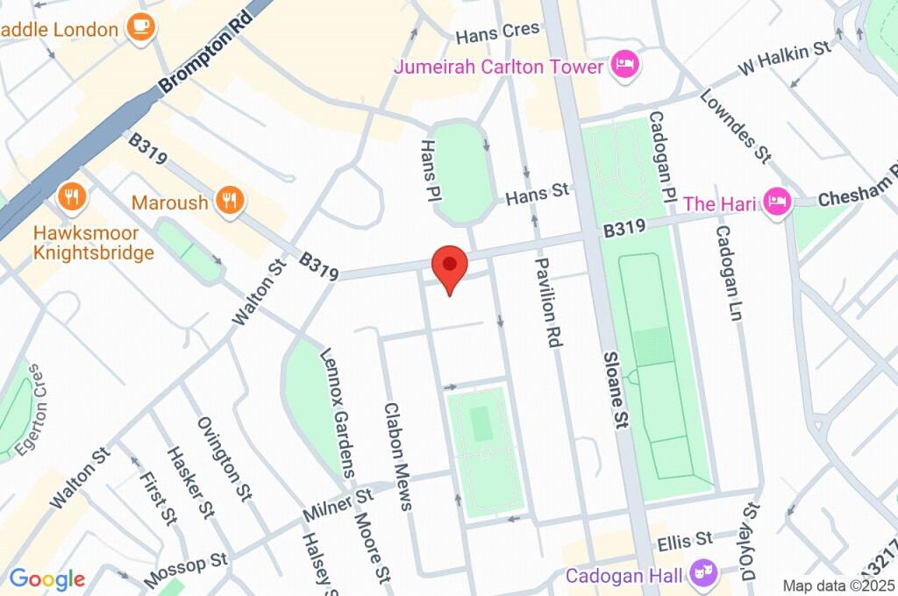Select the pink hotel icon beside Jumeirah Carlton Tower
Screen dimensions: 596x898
626,65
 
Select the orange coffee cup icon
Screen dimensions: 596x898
140,28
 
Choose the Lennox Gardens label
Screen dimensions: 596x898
337,412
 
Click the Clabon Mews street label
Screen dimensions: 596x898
396,456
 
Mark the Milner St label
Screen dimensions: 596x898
339,504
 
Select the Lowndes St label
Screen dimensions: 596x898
735,126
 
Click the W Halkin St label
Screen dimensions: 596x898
783,57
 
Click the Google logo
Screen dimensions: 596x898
46,578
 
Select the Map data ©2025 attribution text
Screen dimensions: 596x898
837,585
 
